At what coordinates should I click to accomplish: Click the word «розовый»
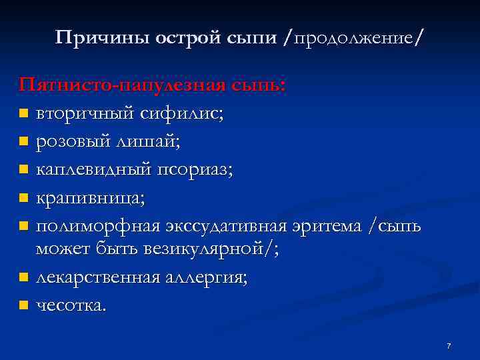(x=73, y=141)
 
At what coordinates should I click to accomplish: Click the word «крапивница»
(x=89, y=198)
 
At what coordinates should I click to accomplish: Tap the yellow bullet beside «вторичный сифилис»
(x=24, y=114)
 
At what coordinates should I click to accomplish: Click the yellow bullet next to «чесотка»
(x=24, y=305)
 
